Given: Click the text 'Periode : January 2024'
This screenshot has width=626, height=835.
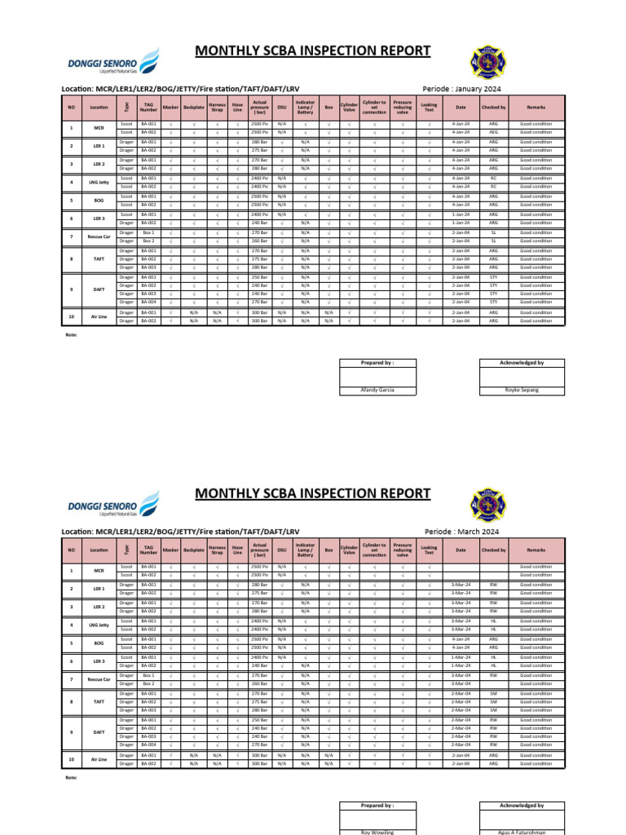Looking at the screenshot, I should coord(461,88).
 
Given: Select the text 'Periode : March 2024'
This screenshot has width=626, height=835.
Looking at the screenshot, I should coord(461,531).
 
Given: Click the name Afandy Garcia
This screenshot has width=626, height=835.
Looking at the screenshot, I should coord(377,391).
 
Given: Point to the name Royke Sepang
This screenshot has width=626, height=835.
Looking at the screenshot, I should coord(522,391).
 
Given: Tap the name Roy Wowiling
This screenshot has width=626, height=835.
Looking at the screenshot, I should coord(377,833).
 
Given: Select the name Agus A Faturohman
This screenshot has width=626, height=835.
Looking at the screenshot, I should coord(522,833).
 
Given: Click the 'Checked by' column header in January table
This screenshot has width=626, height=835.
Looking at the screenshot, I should coord(493,107).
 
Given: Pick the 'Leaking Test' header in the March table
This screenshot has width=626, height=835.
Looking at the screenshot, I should coord(429,550).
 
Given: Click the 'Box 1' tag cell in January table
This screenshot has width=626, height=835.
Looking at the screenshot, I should coord(148,232).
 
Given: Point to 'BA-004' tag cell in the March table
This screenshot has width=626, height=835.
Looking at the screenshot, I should coord(148,744).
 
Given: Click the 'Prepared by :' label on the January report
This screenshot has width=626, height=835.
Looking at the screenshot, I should coord(377,363).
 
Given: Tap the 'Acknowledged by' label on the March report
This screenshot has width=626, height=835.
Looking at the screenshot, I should coord(522,805).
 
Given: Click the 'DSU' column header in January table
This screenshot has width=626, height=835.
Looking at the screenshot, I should coord(282,107).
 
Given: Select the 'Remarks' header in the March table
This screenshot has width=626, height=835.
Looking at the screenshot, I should coord(536,550).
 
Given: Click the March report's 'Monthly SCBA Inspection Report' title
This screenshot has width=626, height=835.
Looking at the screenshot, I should coord(312,493).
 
